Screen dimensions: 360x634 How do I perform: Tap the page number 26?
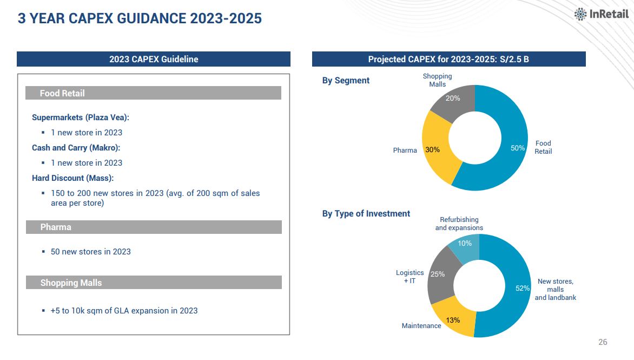(603, 342)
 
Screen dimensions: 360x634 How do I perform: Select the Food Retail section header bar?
(153, 93)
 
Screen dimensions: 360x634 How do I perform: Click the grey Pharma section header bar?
(154, 227)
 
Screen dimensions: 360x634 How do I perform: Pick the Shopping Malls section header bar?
(154, 283)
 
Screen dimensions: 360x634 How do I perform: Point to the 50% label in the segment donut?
(518, 148)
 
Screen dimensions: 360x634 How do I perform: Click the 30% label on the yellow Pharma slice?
(432, 150)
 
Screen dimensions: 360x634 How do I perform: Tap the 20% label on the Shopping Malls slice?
(453, 99)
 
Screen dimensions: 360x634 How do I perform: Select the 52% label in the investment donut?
(523, 289)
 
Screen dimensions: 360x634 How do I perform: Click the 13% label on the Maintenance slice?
(453, 320)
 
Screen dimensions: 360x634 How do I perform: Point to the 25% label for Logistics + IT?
(437, 274)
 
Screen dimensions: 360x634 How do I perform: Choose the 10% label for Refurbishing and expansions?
(465, 244)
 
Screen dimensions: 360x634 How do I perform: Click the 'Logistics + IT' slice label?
(410, 277)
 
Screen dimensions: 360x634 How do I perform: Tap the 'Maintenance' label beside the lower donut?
(421, 326)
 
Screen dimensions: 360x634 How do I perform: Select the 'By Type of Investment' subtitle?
(366, 214)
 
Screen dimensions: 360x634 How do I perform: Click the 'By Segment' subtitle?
(346, 81)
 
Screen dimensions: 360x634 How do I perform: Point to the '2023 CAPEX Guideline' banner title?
(154, 60)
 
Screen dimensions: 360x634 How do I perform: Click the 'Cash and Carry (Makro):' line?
(76, 148)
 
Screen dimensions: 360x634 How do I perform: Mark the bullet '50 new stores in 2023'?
(90, 252)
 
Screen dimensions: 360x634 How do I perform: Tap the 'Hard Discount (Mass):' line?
(73, 178)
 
